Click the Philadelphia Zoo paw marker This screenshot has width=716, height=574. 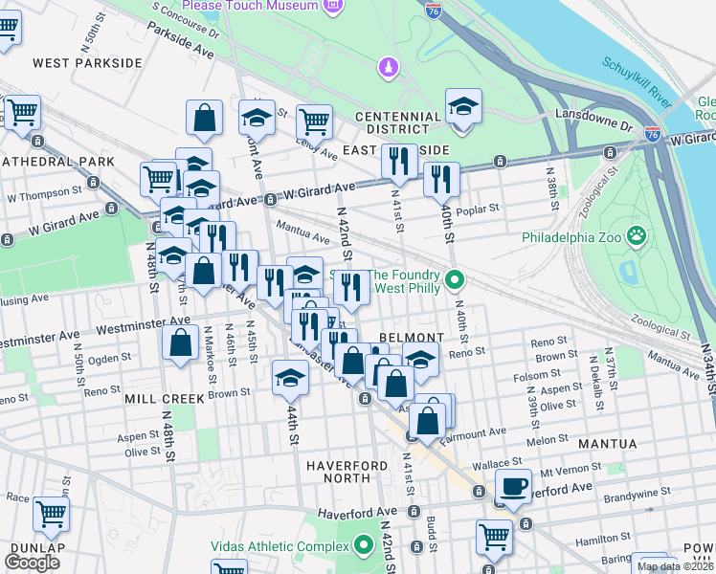pyautogui.click(x=635, y=235)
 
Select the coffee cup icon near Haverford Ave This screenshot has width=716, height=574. pyautogui.click(x=513, y=486)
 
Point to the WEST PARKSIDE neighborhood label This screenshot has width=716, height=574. pyautogui.click(x=87, y=63)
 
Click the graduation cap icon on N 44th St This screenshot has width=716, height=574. pyautogui.click(x=290, y=376)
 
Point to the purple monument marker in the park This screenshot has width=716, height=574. pyautogui.click(x=387, y=67)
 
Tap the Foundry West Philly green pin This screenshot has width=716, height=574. pyautogui.click(x=456, y=280)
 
